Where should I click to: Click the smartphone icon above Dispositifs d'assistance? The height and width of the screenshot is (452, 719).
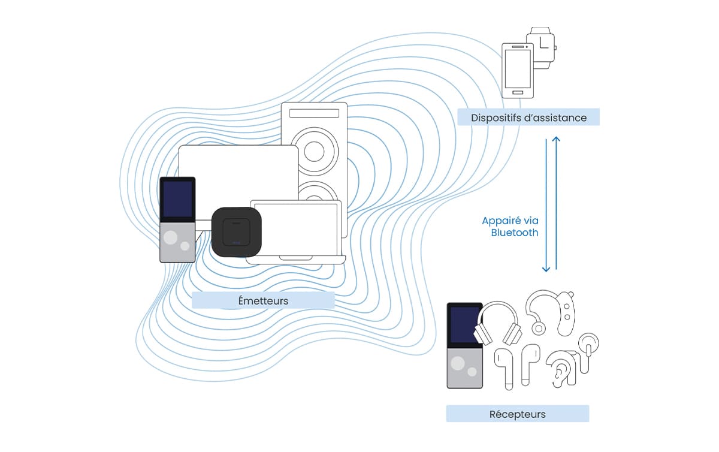(516, 70)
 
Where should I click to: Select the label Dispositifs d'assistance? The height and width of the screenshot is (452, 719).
(528, 117)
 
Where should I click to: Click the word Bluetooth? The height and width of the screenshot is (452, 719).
(515, 233)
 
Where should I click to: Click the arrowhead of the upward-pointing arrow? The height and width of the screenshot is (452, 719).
(557, 140)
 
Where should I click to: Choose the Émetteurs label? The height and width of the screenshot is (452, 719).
(262, 300)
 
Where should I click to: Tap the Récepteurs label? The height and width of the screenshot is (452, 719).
(517, 414)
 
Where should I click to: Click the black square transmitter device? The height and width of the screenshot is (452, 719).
(236, 231)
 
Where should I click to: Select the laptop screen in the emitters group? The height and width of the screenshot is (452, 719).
(295, 228)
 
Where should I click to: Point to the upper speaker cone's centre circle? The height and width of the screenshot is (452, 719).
(314, 152)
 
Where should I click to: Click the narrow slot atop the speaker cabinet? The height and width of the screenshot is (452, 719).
(314, 113)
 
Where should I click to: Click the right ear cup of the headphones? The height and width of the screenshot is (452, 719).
(512, 333)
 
